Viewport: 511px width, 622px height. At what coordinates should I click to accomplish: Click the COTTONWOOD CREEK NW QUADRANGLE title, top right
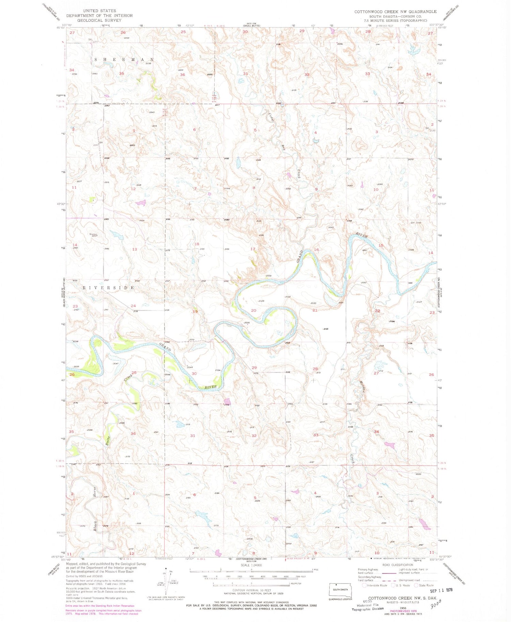tap(395, 12)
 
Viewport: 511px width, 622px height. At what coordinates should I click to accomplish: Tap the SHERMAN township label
tap(124, 59)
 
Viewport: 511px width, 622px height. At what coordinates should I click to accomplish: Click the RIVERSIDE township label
tap(109, 288)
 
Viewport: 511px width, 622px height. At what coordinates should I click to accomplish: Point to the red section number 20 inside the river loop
tap(253, 310)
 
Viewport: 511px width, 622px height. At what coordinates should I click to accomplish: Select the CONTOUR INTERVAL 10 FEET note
tap(251, 590)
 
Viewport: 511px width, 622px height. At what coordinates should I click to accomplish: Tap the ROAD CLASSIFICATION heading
tap(397, 565)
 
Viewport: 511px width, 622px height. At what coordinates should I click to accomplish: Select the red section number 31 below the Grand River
tap(193, 435)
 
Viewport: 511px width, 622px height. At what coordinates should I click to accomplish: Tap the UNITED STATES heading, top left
tap(99, 11)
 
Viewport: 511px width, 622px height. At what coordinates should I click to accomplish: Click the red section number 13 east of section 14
tap(135, 249)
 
